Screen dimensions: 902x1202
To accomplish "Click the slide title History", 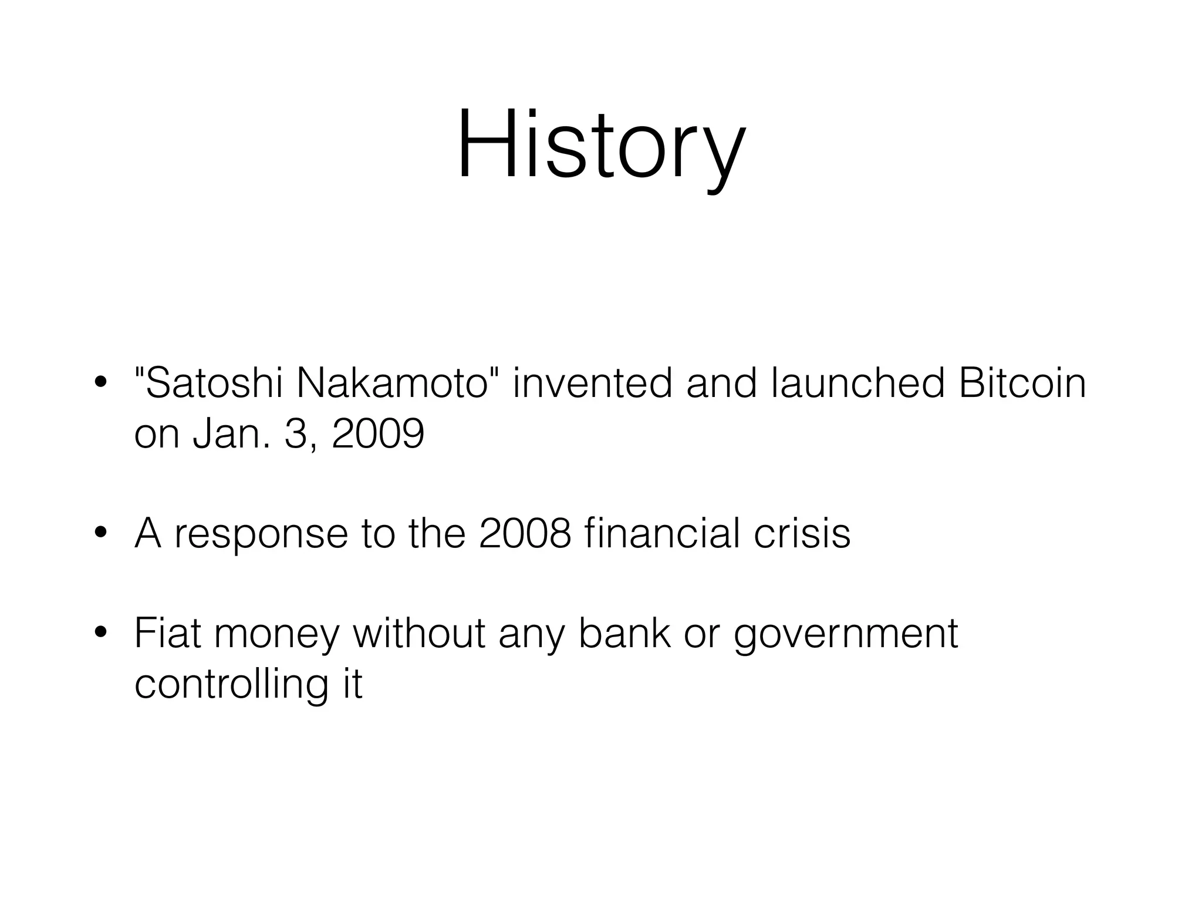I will (601, 144).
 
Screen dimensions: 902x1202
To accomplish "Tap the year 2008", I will (525, 534).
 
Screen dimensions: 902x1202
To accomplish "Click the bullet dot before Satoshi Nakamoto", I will (100, 383).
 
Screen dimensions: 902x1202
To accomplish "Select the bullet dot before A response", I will (100, 534).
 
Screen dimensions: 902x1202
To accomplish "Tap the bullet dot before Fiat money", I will (100, 634).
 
